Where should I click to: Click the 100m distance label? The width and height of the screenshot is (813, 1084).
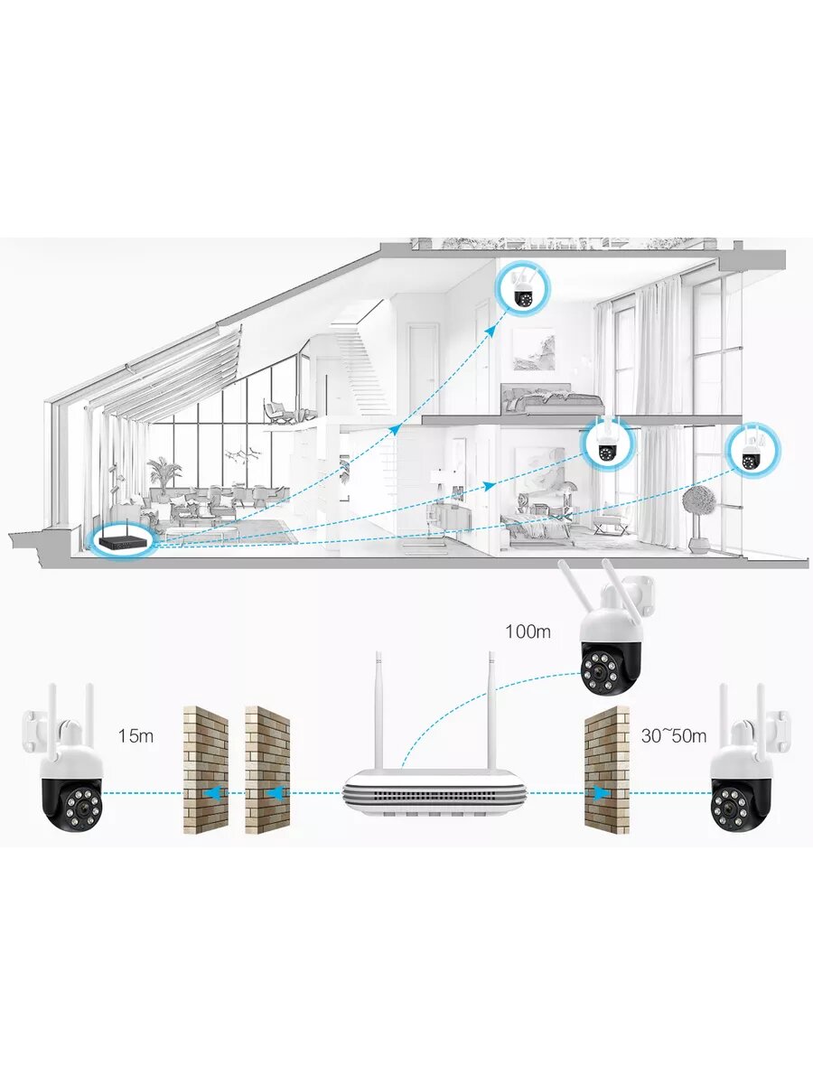(x=528, y=631)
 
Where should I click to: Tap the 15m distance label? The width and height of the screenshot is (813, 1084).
(x=135, y=735)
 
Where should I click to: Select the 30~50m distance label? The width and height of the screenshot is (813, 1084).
(x=673, y=735)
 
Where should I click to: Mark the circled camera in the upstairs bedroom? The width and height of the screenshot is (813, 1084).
(x=523, y=289)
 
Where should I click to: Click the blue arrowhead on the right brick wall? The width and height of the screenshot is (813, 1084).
(x=600, y=793)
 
